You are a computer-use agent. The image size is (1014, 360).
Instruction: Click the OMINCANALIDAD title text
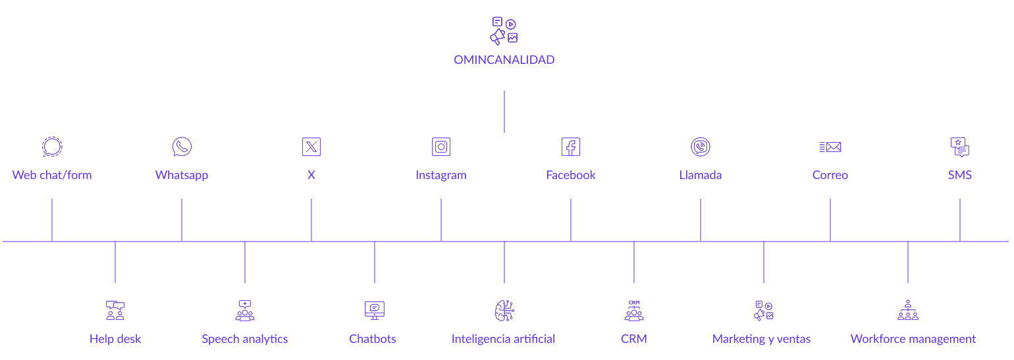[x=504, y=60]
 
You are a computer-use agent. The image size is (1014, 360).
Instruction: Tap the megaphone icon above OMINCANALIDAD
[x=504, y=31]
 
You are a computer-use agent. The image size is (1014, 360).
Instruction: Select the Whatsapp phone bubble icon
[x=182, y=147]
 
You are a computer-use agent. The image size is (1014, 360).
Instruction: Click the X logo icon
[x=311, y=147]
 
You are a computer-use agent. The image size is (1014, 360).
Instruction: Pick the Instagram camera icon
[x=441, y=147]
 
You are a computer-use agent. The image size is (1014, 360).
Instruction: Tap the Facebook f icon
[x=571, y=147]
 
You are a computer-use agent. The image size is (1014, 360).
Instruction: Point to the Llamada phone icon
[x=701, y=147]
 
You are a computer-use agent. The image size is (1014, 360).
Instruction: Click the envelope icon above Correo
[x=830, y=147]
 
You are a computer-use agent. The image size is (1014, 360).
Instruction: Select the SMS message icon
[x=960, y=147]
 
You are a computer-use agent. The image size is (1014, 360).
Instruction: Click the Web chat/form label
[x=52, y=175]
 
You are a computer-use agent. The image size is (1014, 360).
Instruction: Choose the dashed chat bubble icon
[x=52, y=147]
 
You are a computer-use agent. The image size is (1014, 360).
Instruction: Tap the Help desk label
[x=115, y=339]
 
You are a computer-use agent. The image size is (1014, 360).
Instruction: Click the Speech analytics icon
[x=245, y=311]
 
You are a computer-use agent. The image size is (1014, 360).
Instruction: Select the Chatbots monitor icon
[x=375, y=311]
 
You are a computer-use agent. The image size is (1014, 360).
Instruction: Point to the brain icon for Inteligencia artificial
[x=504, y=311]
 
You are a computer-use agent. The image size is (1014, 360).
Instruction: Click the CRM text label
[x=633, y=339]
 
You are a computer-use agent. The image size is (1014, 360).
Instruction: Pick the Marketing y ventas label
[x=761, y=339]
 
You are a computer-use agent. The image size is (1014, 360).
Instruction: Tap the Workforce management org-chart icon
[x=908, y=310]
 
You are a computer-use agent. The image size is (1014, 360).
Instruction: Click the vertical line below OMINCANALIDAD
[x=504, y=112]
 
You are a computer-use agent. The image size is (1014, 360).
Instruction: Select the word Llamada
[x=701, y=175]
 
